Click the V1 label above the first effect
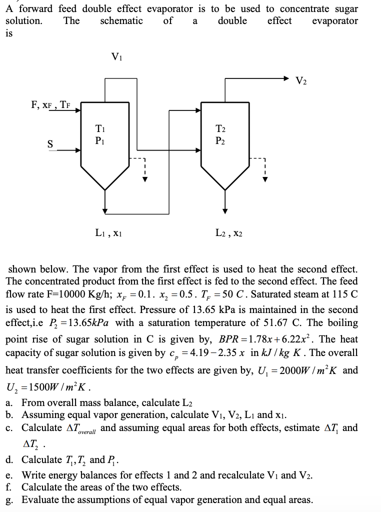click(x=116, y=56)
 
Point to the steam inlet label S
click(x=50, y=144)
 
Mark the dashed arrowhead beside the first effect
click(x=145, y=179)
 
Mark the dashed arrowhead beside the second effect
click(x=265, y=179)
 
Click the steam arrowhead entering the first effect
click(x=78, y=149)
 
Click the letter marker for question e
click(x=9, y=475)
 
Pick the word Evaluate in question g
click(x=41, y=499)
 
